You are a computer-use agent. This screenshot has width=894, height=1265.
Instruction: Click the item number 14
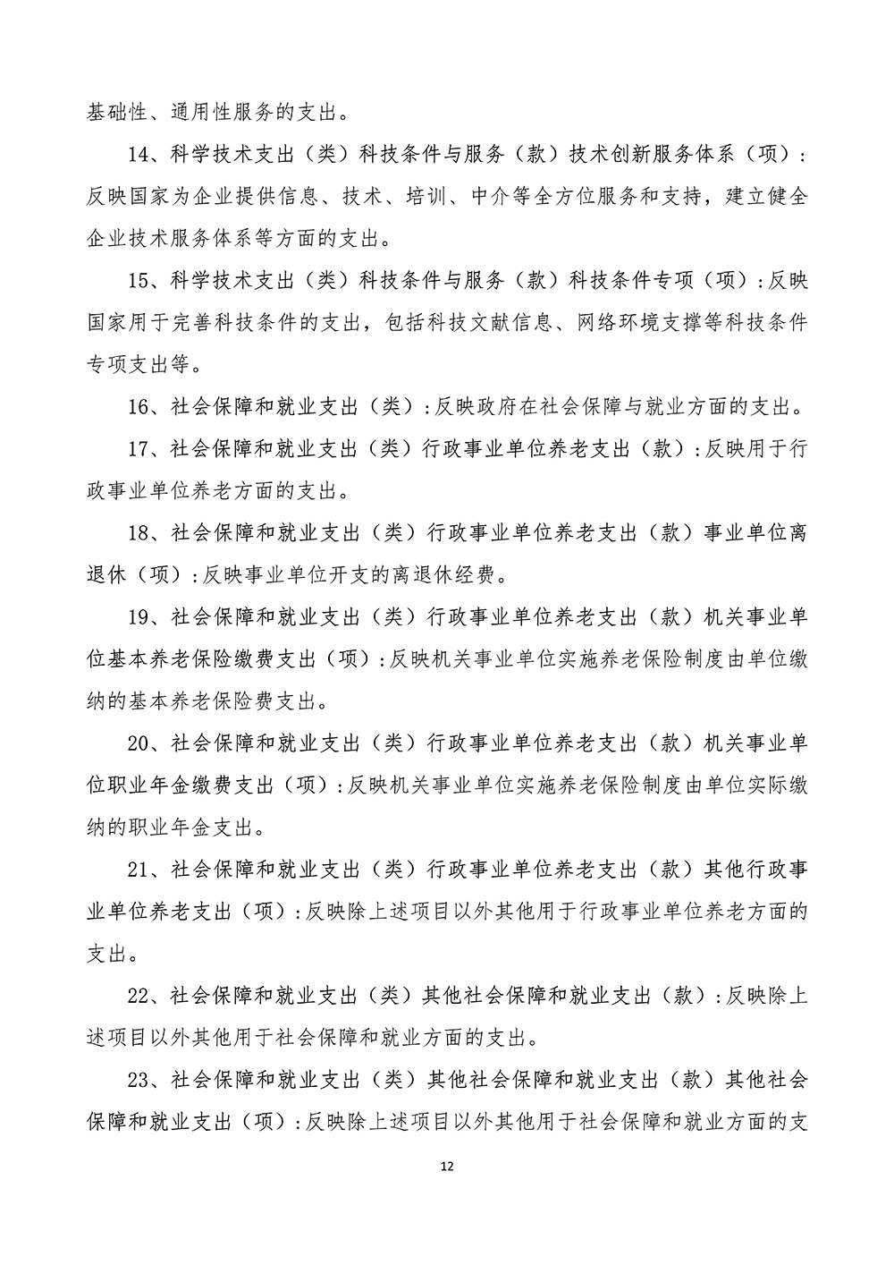pos(139,157)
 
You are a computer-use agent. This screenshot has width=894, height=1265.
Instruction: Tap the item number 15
pos(139,281)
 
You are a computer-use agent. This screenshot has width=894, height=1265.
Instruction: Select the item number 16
pos(139,407)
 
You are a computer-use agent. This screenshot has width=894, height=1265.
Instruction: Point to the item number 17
pos(139,448)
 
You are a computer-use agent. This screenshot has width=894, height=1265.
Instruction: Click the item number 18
pos(139,532)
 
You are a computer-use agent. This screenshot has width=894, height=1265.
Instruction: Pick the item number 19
pos(139,616)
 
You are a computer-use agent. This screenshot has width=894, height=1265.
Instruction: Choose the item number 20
pos(139,743)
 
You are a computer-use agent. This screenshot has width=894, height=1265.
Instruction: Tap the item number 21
pos(139,869)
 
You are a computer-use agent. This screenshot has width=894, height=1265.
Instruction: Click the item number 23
pos(139,1080)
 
